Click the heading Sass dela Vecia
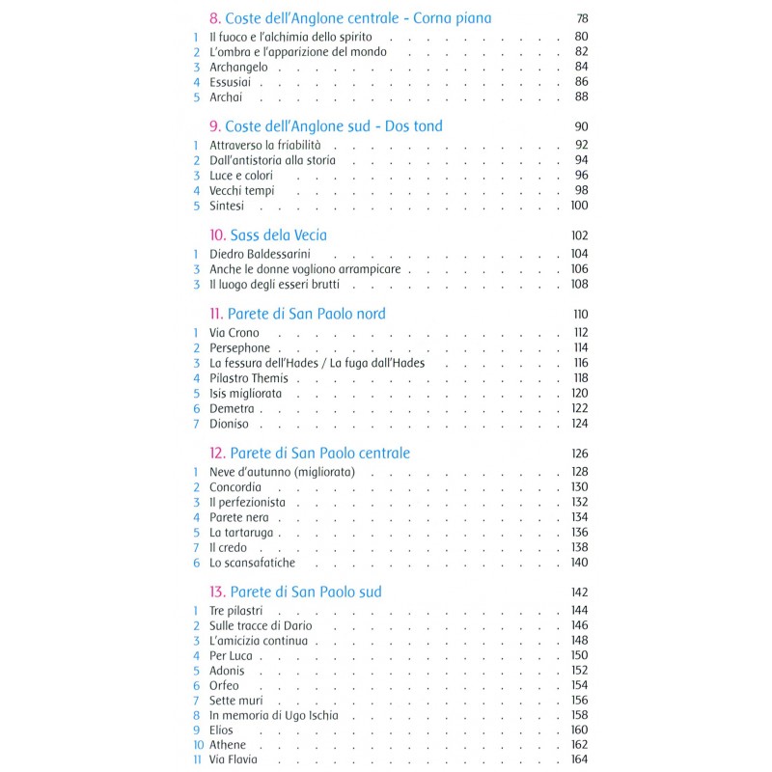click(x=278, y=234)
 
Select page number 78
click(x=581, y=18)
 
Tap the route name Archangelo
click(x=239, y=67)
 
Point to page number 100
click(x=579, y=206)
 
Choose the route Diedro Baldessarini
click(x=261, y=254)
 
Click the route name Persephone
click(x=239, y=347)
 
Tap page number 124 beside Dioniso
click(x=579, y=424)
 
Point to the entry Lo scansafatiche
click(x=253, y=563)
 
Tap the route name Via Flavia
click(x=234, y=760)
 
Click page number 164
click(x=579, y=760)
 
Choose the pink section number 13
click(x=217, y=592)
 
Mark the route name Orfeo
click(x=224, y=685)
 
